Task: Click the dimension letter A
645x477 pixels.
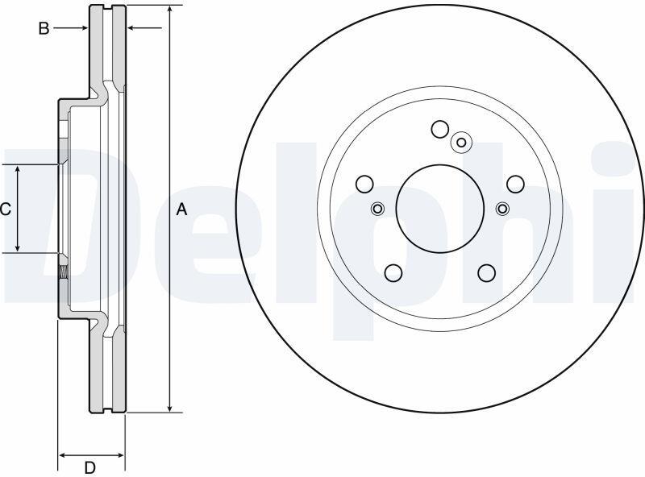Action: [181, 209]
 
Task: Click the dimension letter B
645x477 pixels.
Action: [44, 28]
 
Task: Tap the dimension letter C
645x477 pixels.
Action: [6, 209]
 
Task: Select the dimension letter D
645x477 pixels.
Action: [90, 467]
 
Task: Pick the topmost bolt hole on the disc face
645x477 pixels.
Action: [439, 129]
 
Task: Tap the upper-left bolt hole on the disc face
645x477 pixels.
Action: [364, 184]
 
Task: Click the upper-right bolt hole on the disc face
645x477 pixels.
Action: [515, 184]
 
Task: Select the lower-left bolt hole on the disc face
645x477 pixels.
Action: [393, 272]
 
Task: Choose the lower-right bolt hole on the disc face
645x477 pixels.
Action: [487, 272]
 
